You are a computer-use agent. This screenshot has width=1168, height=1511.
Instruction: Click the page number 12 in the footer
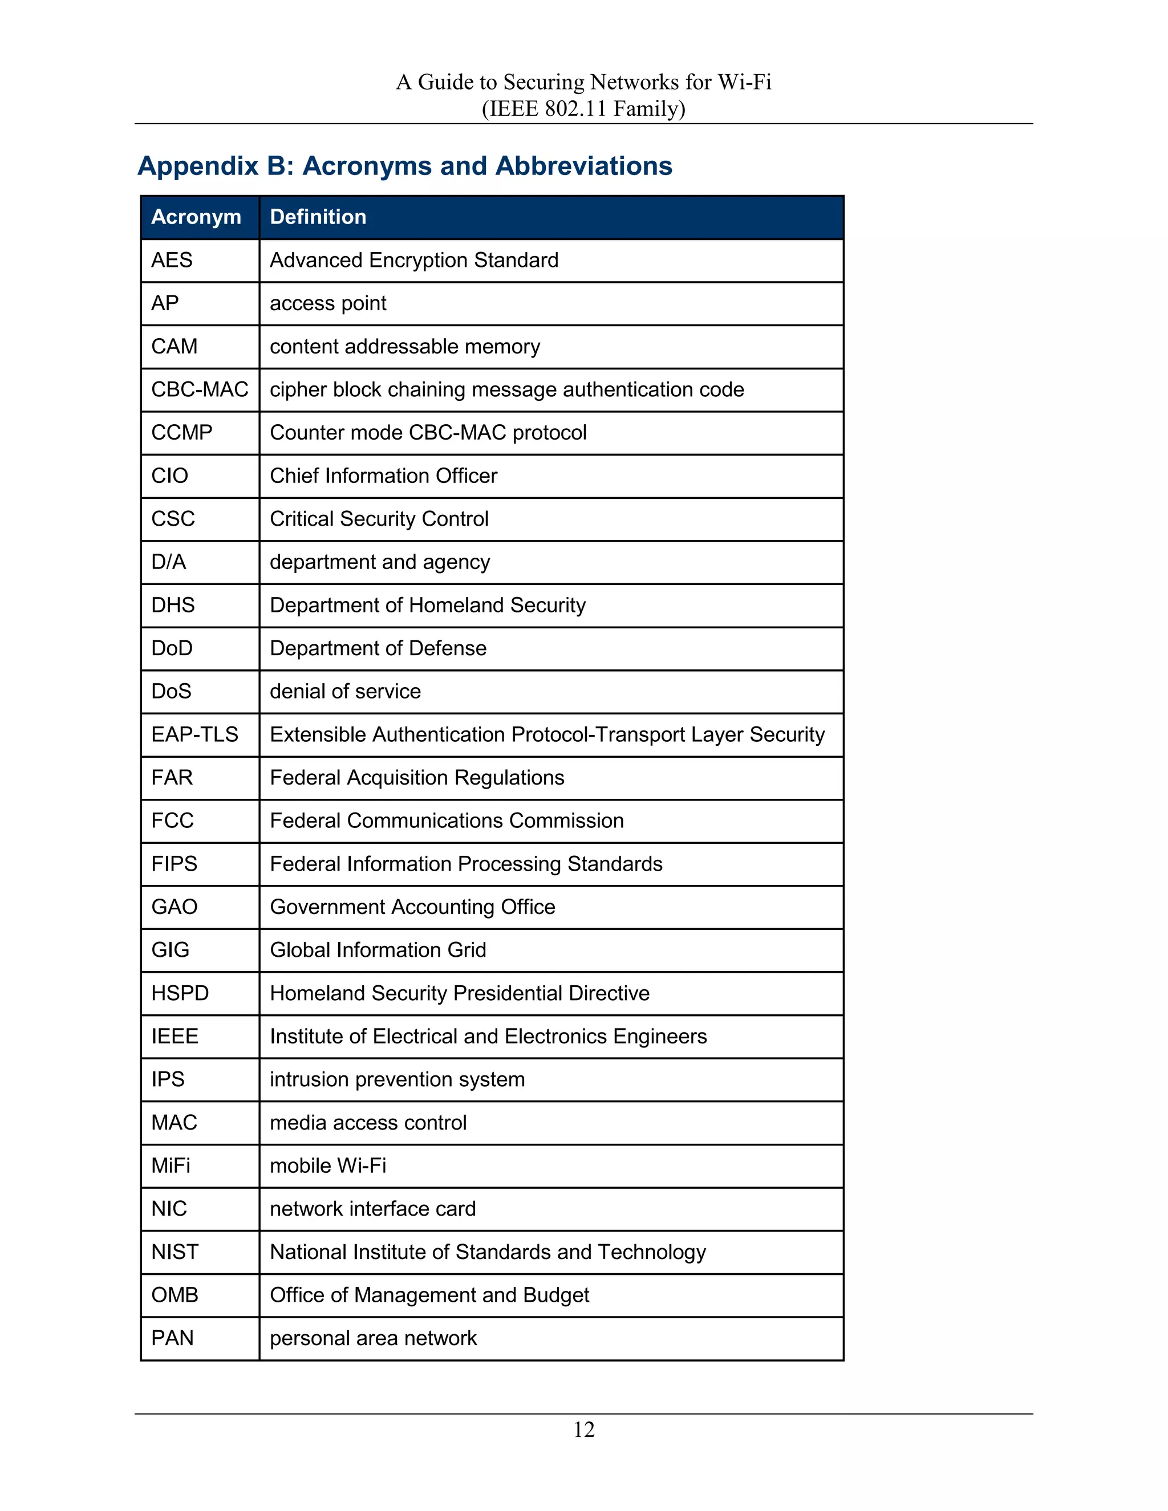[583, 1429]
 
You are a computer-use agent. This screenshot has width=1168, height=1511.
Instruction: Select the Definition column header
[318, 217]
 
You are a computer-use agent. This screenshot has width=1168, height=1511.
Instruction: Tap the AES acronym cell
[172, 260]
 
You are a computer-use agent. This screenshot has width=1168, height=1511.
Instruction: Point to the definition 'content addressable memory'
[405, 346]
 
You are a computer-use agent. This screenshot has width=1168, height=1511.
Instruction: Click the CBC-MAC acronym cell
[199, 389]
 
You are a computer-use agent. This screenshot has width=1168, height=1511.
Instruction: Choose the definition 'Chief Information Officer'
[383, 476]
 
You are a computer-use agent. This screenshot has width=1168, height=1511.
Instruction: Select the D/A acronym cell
[169, 562]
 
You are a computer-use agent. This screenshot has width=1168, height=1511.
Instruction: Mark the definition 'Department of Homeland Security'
[428, 606]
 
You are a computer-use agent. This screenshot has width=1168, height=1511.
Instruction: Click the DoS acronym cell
[171, 691]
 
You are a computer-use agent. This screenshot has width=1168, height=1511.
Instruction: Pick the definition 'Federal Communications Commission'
[447, 821]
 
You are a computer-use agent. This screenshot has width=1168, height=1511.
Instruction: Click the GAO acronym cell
[175, 907]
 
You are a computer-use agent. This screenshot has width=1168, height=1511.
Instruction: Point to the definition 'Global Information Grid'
[378, 950]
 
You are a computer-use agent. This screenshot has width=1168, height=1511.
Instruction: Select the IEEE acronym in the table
[175, 1037]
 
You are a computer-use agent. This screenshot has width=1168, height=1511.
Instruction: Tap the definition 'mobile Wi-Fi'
[328, 1166]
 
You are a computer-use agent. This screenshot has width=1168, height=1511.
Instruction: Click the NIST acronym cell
[175, 1252]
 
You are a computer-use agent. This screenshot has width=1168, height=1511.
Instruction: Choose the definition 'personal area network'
[373, 1338]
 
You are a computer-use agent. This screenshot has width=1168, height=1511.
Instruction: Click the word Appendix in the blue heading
[198, 166]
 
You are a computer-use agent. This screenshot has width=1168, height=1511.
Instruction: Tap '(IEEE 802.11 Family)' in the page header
[583, 108]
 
